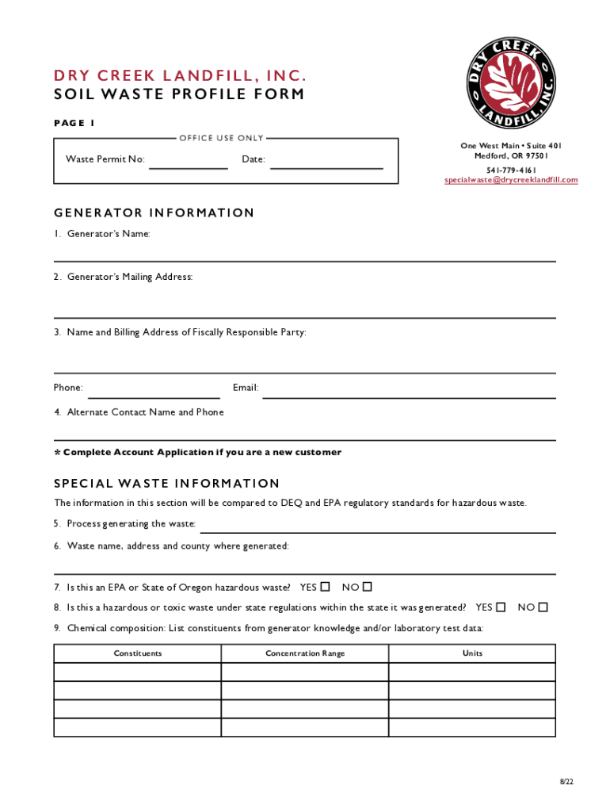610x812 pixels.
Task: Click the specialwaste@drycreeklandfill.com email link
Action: (x=511, y=180)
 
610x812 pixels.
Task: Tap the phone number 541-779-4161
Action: (x=511, y=170)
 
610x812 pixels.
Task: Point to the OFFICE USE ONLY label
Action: (x=221, y=138)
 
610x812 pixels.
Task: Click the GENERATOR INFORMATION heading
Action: (x=154, y=213)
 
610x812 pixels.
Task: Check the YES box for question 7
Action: (x=325, y=587)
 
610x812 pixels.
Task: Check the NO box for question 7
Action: (x=367, y=587)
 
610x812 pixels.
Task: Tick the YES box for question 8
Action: (x=501, y=607)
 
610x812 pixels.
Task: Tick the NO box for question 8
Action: (x=543, y=607)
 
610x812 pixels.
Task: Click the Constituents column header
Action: (x=138, y=653)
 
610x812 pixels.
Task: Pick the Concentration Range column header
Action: (x=305, y=653)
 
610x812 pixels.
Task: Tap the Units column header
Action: (x=472, y=653)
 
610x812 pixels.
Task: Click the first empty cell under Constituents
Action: (x=138, y=672)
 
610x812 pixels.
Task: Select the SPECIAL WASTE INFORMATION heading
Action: (x=167, y=484)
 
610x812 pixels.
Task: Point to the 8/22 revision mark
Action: (x=566, y=782)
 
